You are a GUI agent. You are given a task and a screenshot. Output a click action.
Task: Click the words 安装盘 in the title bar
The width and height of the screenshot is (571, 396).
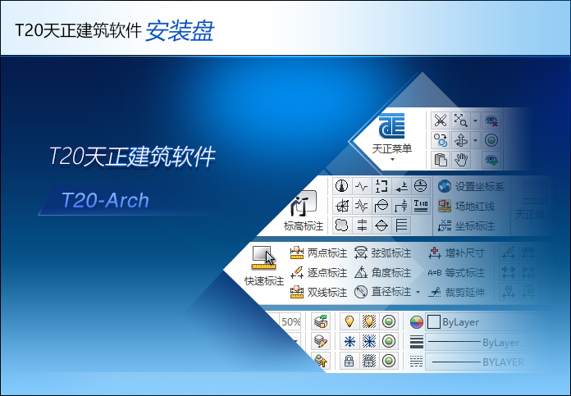(x=180, y=30)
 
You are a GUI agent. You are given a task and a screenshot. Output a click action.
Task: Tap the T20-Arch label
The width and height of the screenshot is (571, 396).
(x=104, y=200)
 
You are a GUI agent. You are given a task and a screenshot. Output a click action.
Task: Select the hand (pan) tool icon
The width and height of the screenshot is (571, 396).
(x=462, y=159)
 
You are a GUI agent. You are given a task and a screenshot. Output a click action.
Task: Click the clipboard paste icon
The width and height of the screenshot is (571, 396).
(x=441, y=159)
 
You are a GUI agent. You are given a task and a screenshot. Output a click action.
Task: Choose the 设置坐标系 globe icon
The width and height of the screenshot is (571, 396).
(x=444, y=186)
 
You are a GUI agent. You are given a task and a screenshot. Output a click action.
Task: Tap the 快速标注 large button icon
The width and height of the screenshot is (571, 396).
(x=264, y=257)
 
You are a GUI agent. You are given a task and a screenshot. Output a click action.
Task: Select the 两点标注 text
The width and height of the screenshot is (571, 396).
(x=327, y=253)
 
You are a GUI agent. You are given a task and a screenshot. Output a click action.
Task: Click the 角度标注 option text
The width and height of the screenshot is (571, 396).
(x=391, y=272)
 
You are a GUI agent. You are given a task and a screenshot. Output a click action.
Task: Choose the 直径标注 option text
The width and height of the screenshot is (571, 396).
(x=391, y=292)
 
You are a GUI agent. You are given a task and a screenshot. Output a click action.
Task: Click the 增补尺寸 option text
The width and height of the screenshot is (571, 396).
(x=465, y=253)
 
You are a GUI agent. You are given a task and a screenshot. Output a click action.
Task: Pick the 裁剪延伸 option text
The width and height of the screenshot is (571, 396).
(x=465, y=292)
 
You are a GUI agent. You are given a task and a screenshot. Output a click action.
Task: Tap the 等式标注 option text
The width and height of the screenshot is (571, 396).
(x=465, y=272)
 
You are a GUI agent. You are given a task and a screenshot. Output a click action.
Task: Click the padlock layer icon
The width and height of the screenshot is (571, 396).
(x=349, y=361)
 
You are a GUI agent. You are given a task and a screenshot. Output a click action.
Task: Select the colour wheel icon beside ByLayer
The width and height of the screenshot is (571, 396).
(x=417, y=322)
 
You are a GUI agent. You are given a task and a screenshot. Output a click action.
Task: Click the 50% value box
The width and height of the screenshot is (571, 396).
(x=290, y=322)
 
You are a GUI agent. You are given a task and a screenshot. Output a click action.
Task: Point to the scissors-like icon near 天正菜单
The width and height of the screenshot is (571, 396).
(x=441, y=121)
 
